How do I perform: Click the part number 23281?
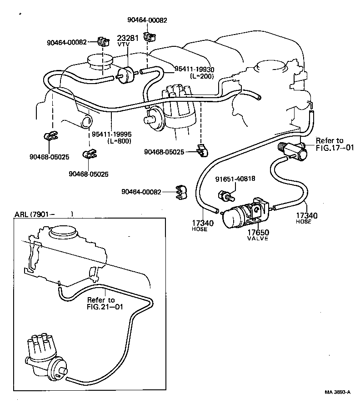[x=128, y=38]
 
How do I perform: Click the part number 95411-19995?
[x=111, y=134]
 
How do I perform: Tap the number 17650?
[x=258, y=232]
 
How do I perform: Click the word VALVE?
[x=258, y=239]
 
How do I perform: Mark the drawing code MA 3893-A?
[x=337, y=392]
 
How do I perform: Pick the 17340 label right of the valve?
[x=306, y=216]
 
